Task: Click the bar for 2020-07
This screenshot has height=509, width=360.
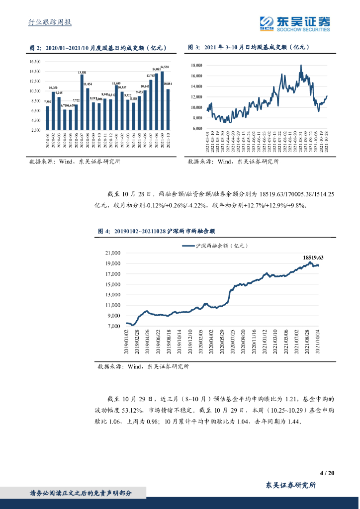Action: [x=81, y=102]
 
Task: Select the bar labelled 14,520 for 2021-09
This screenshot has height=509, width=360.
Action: [x=162, y=101]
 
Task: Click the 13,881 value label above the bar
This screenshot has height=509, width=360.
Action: [x=82, y=73]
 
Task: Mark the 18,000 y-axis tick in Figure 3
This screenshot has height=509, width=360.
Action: [x=196, y=65]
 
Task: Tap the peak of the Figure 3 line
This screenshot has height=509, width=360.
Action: [x=301, y=65]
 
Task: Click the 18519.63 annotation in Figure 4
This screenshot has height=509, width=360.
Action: [x=313, y=257]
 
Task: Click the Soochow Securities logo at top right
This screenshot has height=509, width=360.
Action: [x=295, y=23]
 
